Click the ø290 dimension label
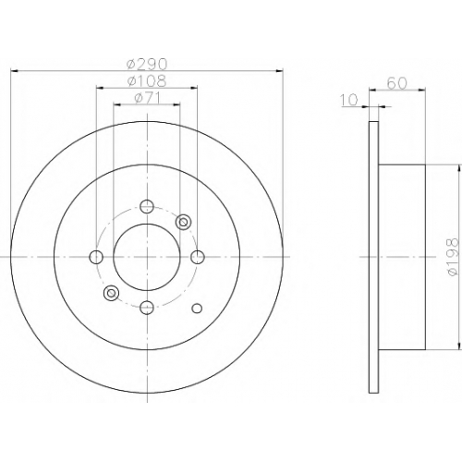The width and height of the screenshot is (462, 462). [x=147, y=65]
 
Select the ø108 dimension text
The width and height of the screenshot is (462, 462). [x=147, y=81]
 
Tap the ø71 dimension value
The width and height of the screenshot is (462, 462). [x=147, y=98]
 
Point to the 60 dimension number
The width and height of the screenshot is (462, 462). [x=397, y=83]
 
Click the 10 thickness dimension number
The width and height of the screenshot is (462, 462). [x=349, y=100]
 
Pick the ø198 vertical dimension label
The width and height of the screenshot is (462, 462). [x=452, y=257]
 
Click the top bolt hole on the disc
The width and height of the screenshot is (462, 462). [x=147, y=206]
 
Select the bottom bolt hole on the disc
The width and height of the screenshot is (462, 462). [x=147, y=308]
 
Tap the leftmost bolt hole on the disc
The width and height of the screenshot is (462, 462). [x=96, y=257]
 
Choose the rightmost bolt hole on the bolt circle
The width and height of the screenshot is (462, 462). [x=198, y=257]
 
